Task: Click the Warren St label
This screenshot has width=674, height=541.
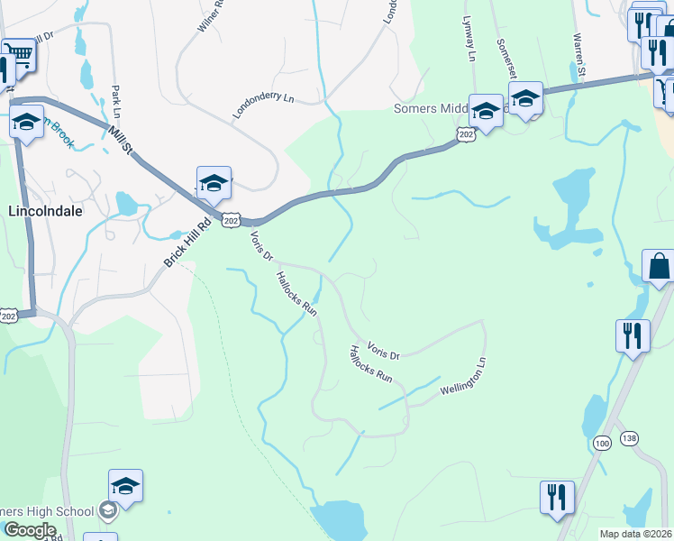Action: (578, 55)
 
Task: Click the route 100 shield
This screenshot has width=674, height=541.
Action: (603, 443)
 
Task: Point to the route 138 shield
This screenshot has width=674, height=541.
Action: (629, 437)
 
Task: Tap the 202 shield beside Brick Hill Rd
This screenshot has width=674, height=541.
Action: (231, 220)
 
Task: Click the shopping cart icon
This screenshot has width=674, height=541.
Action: (18, 57)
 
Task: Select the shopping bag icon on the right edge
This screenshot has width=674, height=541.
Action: (659, 266)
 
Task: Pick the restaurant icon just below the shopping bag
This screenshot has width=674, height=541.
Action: (633, 335)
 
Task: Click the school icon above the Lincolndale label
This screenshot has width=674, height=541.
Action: (26, 123)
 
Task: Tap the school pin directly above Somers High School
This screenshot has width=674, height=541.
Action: (125, 487)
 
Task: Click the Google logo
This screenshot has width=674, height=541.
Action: (30, 530)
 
